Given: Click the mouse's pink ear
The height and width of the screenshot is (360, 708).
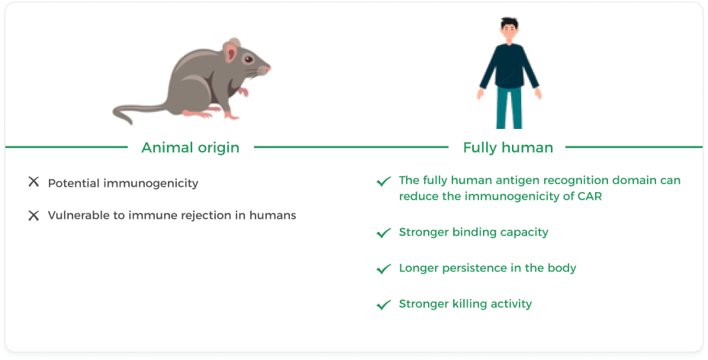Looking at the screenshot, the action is pyautogui.click(x=231, y=52).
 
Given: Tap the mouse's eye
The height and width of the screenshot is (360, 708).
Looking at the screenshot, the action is pyautogui.click(x=249, y=59).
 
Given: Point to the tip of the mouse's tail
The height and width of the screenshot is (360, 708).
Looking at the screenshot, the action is pyautogui.click(x=130, y=122).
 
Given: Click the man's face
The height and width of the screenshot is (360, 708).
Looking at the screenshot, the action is pyautogui.click(x=510, y=32).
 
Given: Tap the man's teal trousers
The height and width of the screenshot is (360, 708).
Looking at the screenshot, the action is pyautogui.click(x=510, y=108).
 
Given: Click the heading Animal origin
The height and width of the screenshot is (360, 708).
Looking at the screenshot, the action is pyautogui.click(x=190, y=147).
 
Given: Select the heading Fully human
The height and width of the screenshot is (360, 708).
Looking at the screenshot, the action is pyautogui.click(x=508, y=147).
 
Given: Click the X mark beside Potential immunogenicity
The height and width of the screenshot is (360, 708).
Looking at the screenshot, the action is pyautogui.click(x=34, y=182).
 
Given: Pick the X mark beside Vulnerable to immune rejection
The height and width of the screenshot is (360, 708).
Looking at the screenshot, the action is pyautogui.click(x=34, y=216).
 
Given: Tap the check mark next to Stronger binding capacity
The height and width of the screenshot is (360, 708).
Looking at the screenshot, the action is pyautogui.click(x=383, y=233).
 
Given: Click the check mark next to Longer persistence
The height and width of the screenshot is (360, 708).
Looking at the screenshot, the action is pyautogui.click(x=383, y=269).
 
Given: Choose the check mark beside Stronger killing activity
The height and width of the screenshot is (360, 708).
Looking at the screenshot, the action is pyautogui.click(x=383, y=305).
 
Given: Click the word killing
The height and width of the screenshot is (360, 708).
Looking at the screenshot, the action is pyautogui.click(x=470, y=304).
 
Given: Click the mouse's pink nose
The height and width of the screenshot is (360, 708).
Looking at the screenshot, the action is pyautogui.click(x=268, y=69).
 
